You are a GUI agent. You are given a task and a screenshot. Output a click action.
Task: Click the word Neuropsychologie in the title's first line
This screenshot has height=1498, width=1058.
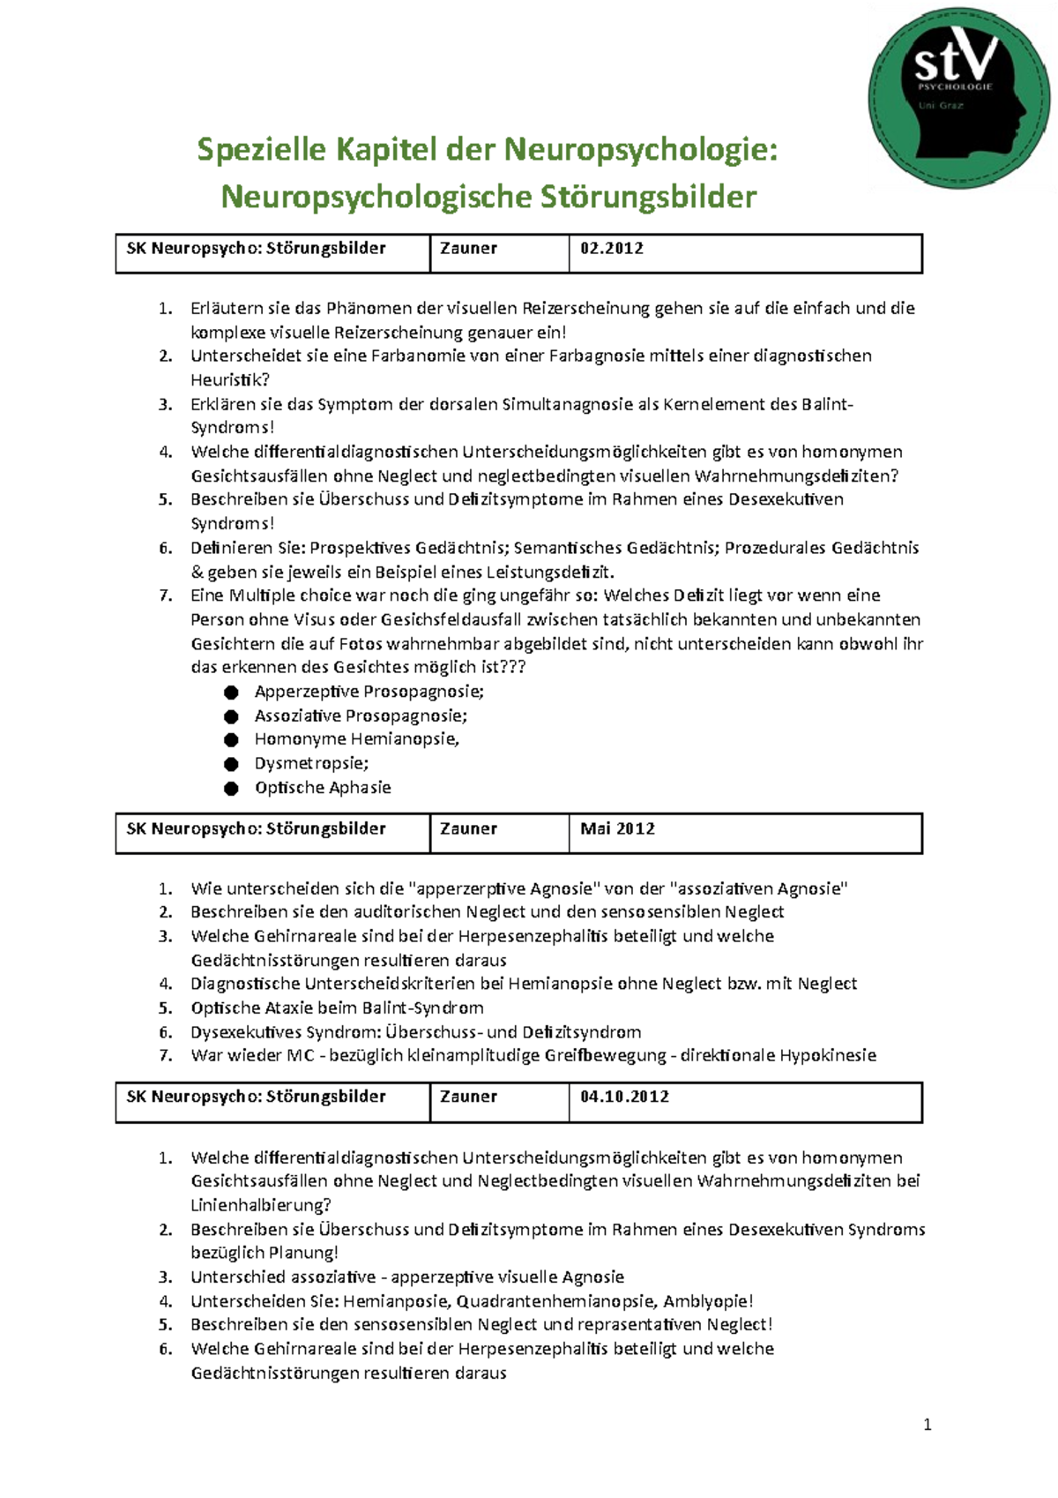[640, 150]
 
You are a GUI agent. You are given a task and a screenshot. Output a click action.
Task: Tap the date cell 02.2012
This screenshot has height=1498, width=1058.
[612, 249]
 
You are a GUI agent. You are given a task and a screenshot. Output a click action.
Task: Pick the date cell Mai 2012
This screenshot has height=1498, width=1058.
[617, 829]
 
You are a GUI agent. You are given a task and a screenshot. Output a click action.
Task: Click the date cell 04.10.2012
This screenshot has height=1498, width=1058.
[624, 1097]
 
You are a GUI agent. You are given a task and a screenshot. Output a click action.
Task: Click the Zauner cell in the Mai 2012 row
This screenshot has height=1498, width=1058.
[468, 829]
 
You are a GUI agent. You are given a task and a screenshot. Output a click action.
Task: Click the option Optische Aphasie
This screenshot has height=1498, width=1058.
[323, 788]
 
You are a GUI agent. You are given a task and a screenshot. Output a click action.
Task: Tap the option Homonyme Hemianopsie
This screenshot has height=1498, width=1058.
[356, 739]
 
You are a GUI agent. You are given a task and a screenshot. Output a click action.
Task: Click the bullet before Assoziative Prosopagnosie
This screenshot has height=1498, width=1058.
[231, 716]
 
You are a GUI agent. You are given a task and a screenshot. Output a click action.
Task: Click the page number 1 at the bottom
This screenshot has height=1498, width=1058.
[927, 1425]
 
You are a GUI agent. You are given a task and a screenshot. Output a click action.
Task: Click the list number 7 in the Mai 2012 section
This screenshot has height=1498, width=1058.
[165, 1056]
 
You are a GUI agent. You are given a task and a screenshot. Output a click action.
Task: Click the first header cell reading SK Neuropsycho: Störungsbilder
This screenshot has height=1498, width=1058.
[257, 249]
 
